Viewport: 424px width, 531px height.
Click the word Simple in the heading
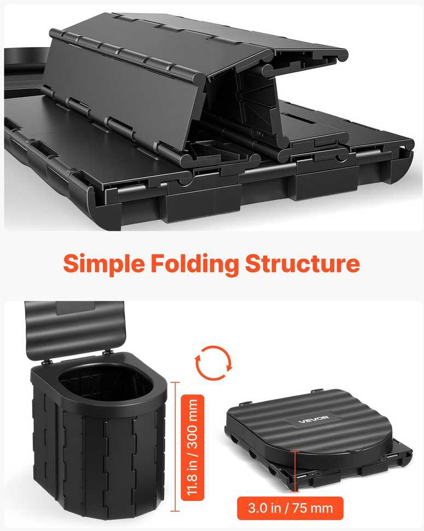(x=104, y=264)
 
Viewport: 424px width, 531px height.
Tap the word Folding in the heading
(x=195, y=264)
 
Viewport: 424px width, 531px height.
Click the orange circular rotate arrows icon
(x=213, y=363)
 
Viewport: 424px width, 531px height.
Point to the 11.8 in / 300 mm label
(x=193, y=448)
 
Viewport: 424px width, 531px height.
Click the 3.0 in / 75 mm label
(x=290, y=508)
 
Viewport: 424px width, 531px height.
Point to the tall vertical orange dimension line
(x=175, y=446)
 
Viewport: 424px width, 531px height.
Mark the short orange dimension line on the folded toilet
(x=295, y=471)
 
